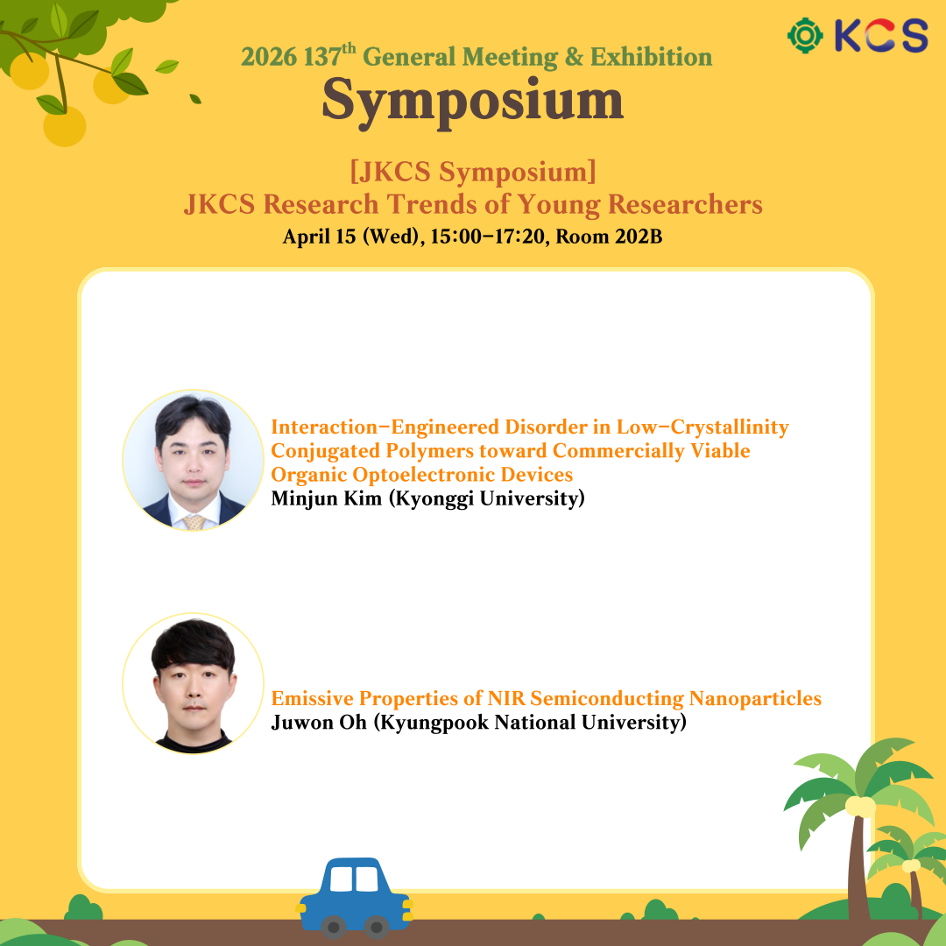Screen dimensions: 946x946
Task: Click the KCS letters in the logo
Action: click(881, 35)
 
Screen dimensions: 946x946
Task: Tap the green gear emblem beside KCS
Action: click(805, 36)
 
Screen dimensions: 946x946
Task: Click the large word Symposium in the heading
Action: click(472, 102)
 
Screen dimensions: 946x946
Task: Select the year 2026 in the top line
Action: click(269, 57)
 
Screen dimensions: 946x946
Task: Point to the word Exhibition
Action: click(651, 57)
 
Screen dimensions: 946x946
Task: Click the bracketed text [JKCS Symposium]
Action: click(473, 172)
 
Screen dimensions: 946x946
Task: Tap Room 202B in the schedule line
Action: click(609, 236)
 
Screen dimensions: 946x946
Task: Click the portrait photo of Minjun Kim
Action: click(193, 461)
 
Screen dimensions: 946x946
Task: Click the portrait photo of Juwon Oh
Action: click(193, 683)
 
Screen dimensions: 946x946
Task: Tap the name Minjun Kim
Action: click(327, 499)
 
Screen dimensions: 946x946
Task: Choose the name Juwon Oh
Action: click(319, 722)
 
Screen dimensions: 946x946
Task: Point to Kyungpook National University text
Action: click(530, 723)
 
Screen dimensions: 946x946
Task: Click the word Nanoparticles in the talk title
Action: click(755, 698)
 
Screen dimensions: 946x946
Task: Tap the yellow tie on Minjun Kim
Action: click(194, 522)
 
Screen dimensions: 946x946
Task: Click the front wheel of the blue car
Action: click(333, 927)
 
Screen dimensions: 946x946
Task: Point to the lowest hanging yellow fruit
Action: click(65, 126)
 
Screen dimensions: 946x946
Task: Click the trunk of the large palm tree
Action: click(858, 869)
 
